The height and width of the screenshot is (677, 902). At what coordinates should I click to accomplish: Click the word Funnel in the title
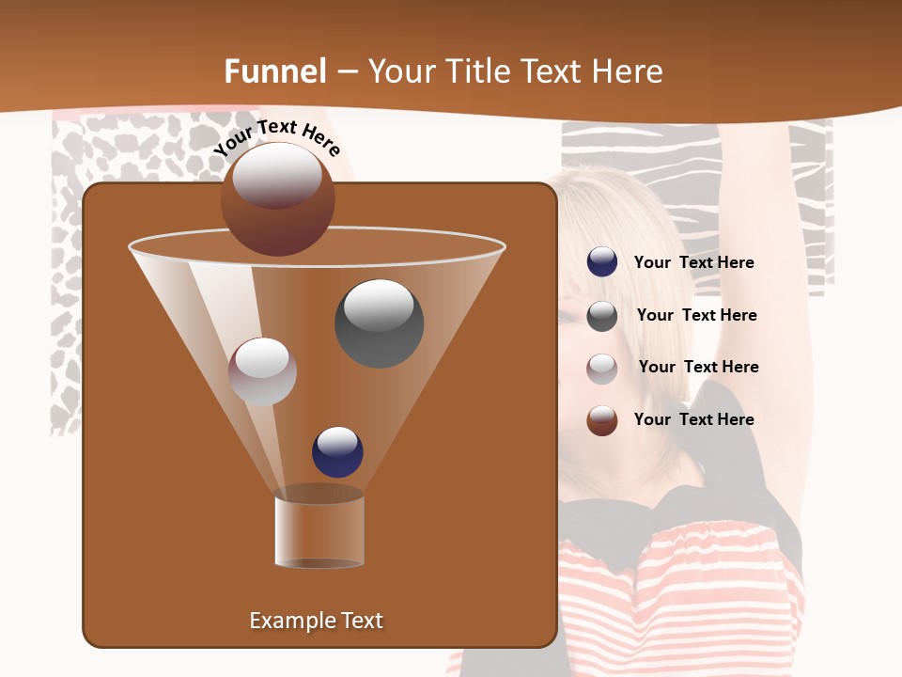(275, 71)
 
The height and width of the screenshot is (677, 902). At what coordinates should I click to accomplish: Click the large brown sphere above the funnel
(277, 198)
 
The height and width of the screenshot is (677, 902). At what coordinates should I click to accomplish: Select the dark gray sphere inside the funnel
(379, 323)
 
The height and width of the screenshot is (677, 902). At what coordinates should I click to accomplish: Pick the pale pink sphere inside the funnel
(262, 371)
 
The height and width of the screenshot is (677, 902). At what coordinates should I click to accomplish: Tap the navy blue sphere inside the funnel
(337, 451)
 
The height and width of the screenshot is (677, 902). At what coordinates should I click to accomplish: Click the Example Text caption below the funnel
(316, 621)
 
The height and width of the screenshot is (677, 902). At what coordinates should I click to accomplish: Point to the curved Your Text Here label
(277, 138)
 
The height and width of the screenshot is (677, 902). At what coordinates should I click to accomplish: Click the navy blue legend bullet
(601, 262)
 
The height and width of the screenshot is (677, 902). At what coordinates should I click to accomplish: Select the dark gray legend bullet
(601, 316)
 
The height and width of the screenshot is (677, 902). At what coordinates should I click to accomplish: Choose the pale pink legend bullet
(601, 369)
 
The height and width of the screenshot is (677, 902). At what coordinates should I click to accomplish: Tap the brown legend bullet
(601, 420)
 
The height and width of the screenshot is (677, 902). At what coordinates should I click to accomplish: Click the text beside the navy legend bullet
(693, 262)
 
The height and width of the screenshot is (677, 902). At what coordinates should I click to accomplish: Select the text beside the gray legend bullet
(696, 315)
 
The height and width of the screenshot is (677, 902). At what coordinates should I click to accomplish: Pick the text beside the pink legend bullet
(698, 367)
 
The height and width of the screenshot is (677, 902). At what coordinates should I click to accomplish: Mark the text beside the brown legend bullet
(693, 419)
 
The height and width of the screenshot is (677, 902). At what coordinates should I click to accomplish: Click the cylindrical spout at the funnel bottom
(319, 531)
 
